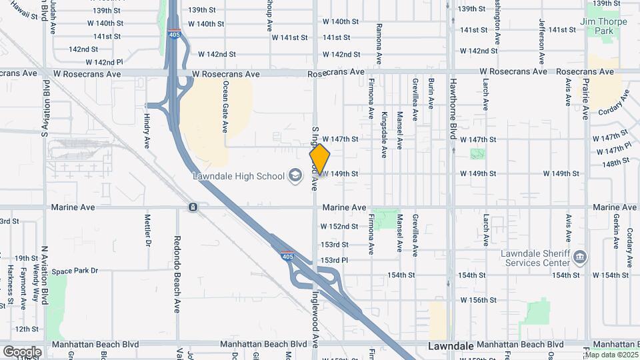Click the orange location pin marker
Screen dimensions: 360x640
tap(319, 159)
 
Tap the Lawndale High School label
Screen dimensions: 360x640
tap(237, 176)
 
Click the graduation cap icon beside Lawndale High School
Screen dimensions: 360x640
tap(294, 176)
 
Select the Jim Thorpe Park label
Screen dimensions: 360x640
tap(604, 26)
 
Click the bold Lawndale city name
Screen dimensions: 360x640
tap(449, 347)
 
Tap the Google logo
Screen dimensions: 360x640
tap(22, 351)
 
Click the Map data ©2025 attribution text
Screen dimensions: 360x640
tap(611, 355)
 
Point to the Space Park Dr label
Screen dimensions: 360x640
tap(75, 271)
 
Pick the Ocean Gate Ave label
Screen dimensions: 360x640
tap(226, 106)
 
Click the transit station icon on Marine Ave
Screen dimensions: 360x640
tap(192, 207)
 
